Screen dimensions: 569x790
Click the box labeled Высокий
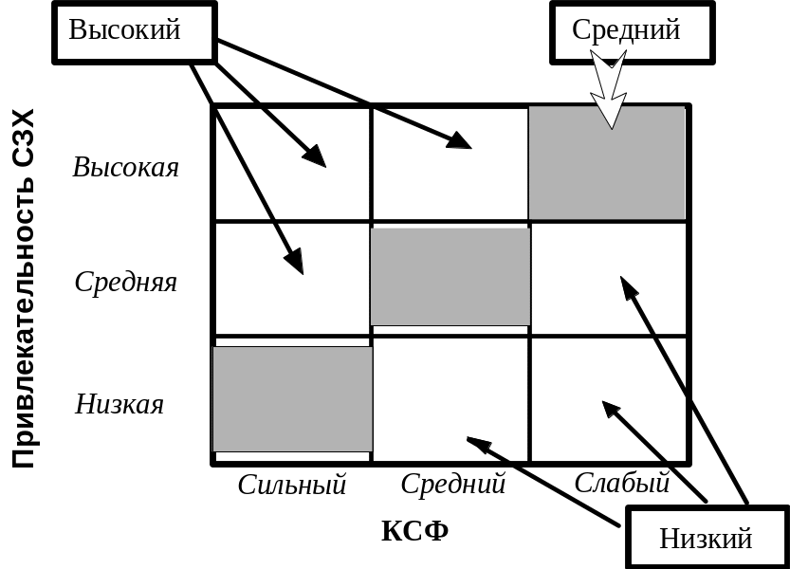(x=134, y=31)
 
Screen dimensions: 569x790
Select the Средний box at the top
(x=627, y=31)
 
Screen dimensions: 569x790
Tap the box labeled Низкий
(x=706, y=538)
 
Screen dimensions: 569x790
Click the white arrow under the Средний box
(x=609, y=90)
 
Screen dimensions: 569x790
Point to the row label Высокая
(x=126, y=168)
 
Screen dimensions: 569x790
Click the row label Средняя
(x=126, y=282)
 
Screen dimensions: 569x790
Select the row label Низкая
(x=119, y=405)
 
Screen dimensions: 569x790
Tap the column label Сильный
(x=292, y=485)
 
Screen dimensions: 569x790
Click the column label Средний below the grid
(x=452, y=485)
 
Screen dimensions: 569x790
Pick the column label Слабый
(x=622, y=483)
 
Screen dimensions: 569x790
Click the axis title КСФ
(x=414, y=531)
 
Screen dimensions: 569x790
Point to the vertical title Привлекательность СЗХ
(x=26, y=289)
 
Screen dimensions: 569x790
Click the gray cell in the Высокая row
(x=607, y=163)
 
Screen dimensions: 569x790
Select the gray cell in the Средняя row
(x=450, y=277)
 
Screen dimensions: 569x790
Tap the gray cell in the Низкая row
(x=292, y=398)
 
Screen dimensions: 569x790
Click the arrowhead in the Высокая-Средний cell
(x=458, y=141)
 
